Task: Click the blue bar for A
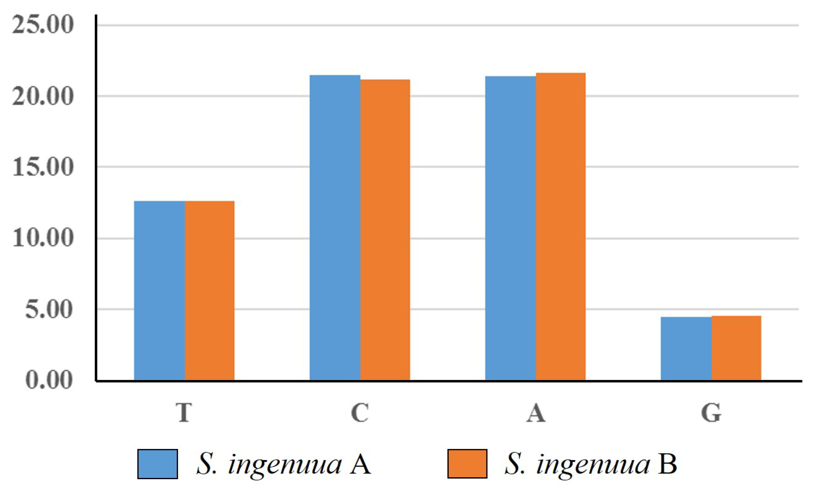click(510, 228)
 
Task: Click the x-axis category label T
click(184, 413)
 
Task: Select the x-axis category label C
click(360, 413)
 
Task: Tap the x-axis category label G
click(711, 413)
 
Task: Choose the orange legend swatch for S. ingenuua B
click(467, 464)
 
